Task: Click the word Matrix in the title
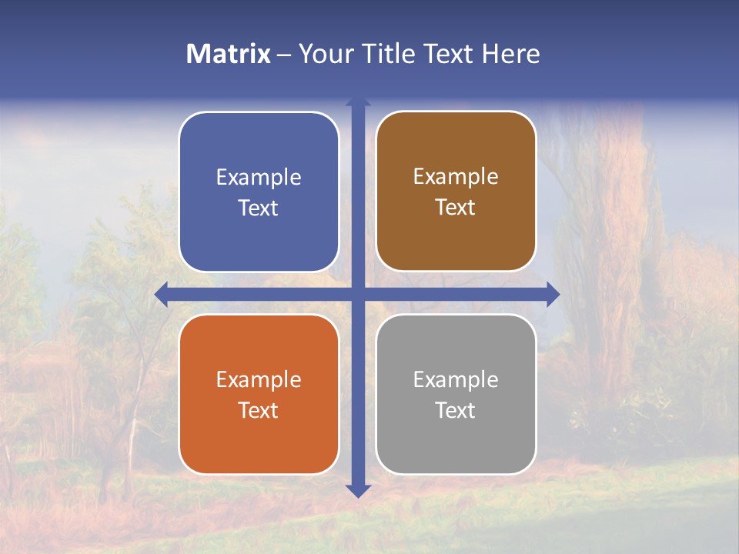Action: coord(229,54)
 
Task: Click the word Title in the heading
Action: coord(390,54)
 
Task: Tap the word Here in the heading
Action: coord(510,54)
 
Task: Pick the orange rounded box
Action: coord(259,439)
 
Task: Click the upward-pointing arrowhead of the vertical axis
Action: coord(358,101)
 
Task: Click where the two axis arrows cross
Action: coord(358,295)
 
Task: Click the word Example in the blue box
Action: coord(259,178)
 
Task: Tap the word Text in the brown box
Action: coord(456,208)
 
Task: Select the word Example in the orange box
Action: coord(259,380)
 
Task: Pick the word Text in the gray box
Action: coord(456,411)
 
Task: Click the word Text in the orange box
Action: coord(259,411)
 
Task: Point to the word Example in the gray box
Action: coord(456,380)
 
